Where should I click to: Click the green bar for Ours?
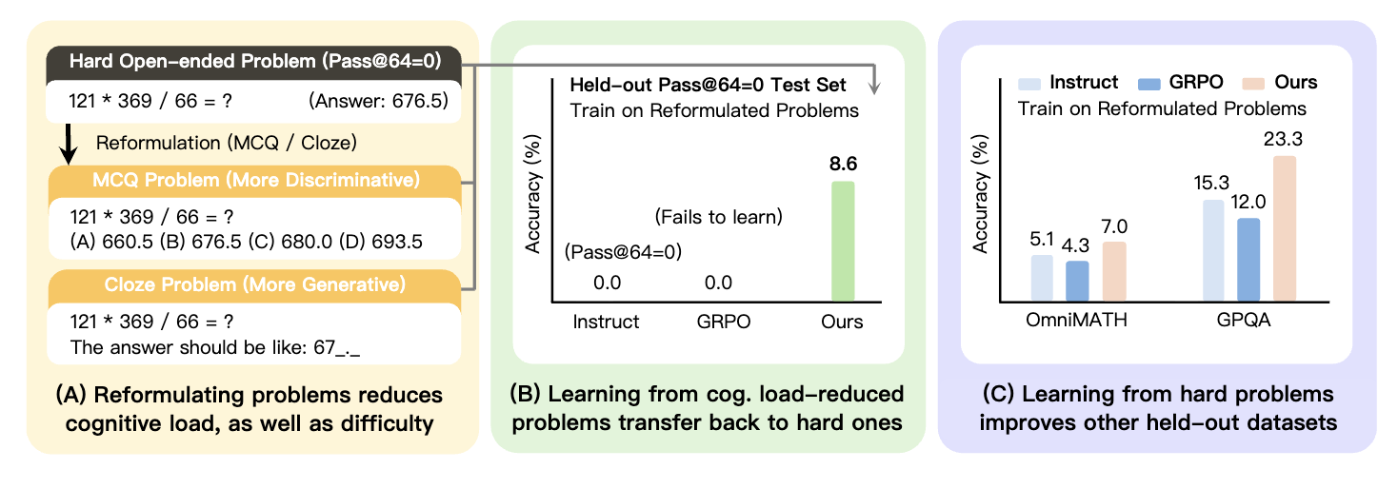click(x=843, y=242)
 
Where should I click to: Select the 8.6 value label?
click(x=843, y=164)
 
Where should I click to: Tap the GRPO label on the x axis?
click(x=724, y=322)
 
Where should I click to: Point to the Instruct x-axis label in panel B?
click(x=606, y=322)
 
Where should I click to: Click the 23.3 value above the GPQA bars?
click(x=1283, y=139)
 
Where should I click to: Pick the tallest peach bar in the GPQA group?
click(x=1285, y=229)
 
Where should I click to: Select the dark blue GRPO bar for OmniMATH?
click(x=1077, y=282)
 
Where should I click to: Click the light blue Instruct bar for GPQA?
click(x=1214, y=251)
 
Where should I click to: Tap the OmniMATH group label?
click(x=1076, y=320)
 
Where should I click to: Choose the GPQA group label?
click(x=1243, y=320)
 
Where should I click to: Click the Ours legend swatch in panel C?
click(x=1253, y=84)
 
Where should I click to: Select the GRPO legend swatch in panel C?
click(x=1149, y=84)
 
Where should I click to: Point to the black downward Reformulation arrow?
click(x=68, y=144)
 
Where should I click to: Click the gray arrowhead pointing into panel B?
click(x=875, y=88)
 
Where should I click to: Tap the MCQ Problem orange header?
click(x=254, y=180)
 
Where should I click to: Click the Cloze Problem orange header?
click(x=254, y=285)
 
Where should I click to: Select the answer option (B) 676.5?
click(x=200, y=242)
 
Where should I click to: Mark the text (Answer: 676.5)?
click(x=378, y=101)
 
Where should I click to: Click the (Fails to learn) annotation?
click(x=718, y=216)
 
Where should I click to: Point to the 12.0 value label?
click(x=1248, y=202)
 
